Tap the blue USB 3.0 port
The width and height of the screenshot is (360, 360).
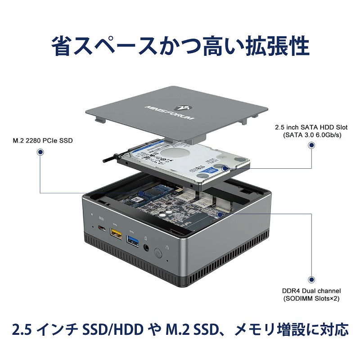click(132, 239)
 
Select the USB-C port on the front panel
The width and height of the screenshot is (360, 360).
click(102, 229)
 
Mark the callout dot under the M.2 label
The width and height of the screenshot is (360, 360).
click(40, 153)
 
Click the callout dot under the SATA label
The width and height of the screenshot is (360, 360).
click(311, 145)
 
